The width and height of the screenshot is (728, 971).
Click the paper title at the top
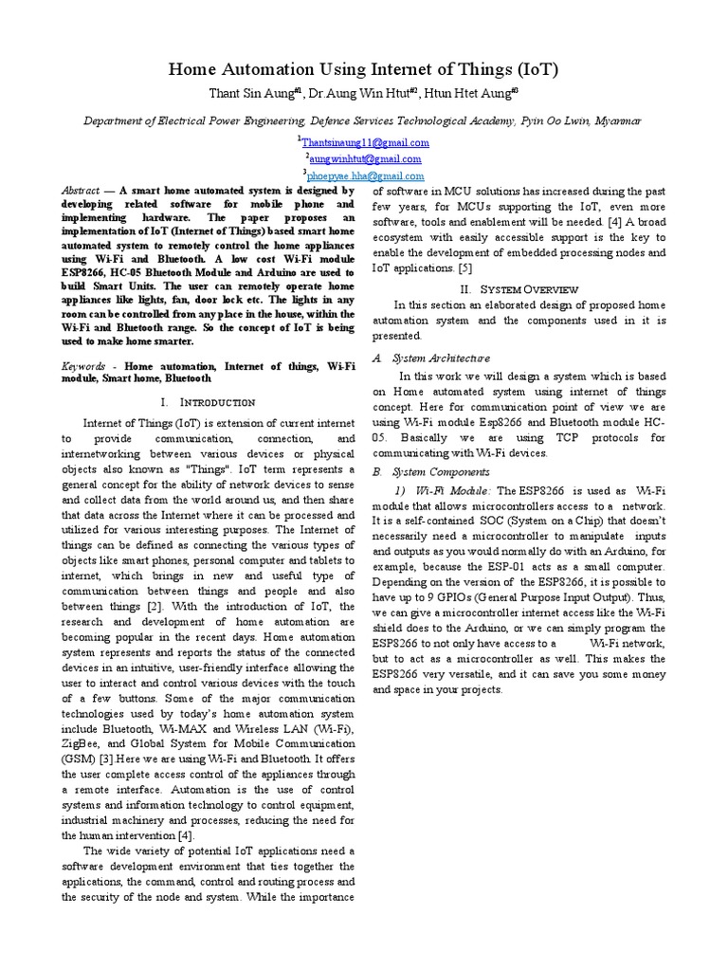[x=363, y=69]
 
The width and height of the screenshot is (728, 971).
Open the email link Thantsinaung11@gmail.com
[x=365, y=142]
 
